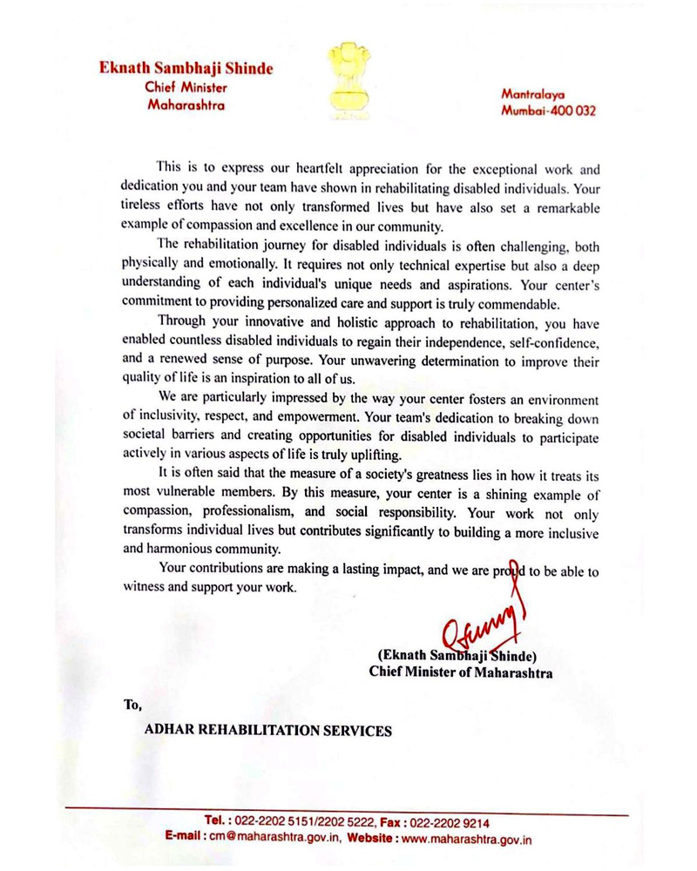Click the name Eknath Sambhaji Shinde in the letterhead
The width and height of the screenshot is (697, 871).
click(186, 69)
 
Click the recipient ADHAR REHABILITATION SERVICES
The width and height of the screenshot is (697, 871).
click(267, 731)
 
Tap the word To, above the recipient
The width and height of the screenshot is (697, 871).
click(132, 704)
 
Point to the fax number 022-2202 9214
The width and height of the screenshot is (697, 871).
click(448, 821)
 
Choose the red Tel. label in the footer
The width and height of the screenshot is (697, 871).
click(216, 821)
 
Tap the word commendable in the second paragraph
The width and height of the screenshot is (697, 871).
click(518, 305)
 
